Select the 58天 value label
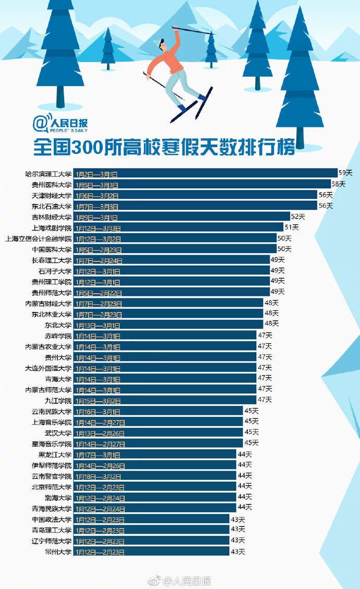pos(339,184)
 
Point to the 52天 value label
pos(298,217)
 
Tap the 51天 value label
pos(291,227)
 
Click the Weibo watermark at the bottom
pos(179,581)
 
